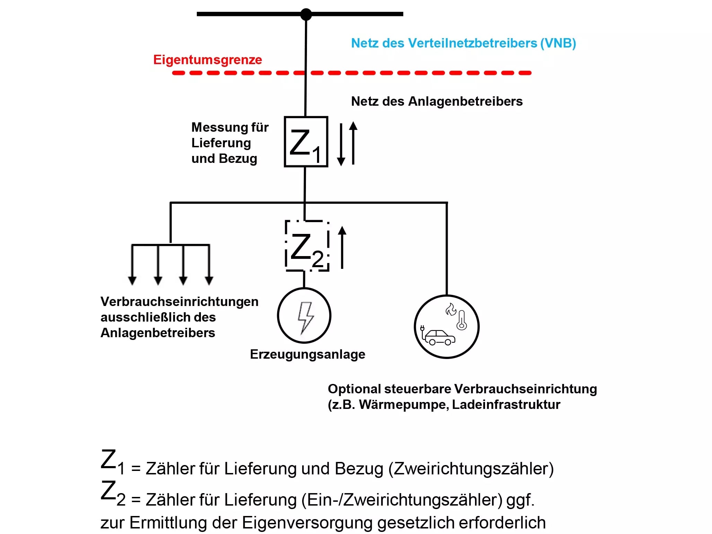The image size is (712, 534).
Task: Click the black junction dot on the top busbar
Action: tap(306, 14)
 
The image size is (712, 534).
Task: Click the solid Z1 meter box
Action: tap(306, 142)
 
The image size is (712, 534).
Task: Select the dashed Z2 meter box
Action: tap(307, 246)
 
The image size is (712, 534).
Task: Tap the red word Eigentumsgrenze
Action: tap(208, 60)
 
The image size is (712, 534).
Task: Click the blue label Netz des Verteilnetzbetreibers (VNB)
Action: tap(463, 43)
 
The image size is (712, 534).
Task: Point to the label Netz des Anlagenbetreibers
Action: tap(437, 101)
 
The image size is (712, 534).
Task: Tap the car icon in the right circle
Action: tap(440, 337)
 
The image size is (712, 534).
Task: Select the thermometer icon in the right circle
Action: tap(462, 320)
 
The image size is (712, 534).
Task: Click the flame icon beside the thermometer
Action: tap(451, 309)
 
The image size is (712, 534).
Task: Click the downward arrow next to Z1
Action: tap(341, 144)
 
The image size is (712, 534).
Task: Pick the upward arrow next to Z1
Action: tap(353, 142)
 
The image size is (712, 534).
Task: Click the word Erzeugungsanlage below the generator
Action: tap(307, 354)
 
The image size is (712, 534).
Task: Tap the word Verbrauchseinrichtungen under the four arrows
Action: tap(179, 301)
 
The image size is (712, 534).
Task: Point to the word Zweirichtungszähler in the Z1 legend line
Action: tap(471, 469)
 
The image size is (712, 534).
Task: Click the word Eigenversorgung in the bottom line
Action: tap(307, 523)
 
